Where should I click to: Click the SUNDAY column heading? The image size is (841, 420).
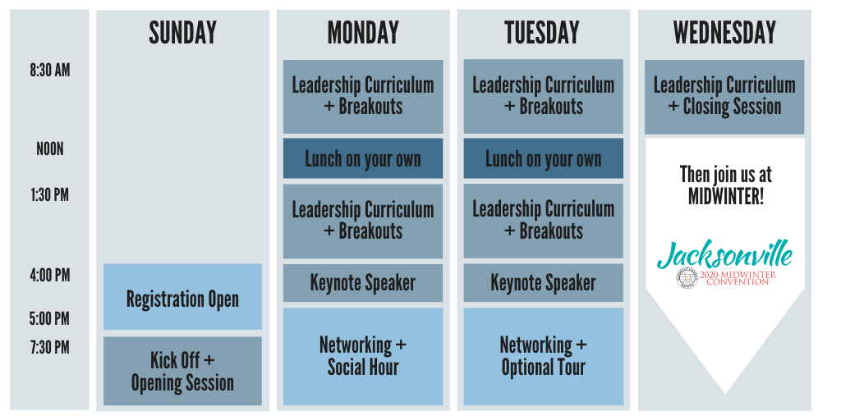182,33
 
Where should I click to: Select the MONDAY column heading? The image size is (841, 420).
363,33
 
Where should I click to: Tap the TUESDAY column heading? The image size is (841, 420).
542,33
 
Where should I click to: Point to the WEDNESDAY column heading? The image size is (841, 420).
724,33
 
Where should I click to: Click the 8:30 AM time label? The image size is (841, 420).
50,71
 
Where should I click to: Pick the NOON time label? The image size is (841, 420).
50,149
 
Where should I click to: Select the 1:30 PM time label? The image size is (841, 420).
50,195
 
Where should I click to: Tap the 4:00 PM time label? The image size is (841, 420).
50,276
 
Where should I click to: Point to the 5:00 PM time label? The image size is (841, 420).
50,319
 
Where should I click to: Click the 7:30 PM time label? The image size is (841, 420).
50,347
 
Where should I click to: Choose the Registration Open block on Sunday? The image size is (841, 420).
182,296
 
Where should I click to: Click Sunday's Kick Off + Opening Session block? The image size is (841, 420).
182,371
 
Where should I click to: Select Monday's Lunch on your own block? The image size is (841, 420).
363,158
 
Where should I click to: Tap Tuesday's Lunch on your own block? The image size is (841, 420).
544,158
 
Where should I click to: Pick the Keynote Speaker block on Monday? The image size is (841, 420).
363,283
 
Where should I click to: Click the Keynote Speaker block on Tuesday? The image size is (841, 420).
544,283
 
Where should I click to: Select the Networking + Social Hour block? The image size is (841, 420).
363,356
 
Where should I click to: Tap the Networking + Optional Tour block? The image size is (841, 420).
544,356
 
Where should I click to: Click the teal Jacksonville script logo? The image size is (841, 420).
724,255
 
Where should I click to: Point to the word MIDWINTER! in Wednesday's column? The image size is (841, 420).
725,197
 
